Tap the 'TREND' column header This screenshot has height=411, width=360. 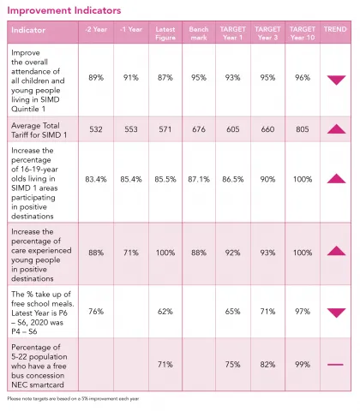click(x=335, y=29)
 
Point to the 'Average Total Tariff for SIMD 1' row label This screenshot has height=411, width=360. click(x=39, y=128)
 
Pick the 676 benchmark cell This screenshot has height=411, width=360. click(x=198, y=128)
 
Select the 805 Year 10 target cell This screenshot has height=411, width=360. click(x=301, y=128)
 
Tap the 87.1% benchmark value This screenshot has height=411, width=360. click(x=198, y=179)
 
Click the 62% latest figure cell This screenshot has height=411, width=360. click(x=166, y=312)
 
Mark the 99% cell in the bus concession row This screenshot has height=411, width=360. click(x=301, y=364)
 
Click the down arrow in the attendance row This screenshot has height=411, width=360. click(x=335, y=79)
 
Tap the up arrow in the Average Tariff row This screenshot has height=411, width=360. click(x=335, y=128)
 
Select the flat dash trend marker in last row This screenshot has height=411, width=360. click(x=335, y=364)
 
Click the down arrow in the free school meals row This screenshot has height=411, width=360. click(x=335, y=313)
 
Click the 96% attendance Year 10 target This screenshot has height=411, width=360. click(x=301, y=77)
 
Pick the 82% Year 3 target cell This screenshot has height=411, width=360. click(x=267, y=364)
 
